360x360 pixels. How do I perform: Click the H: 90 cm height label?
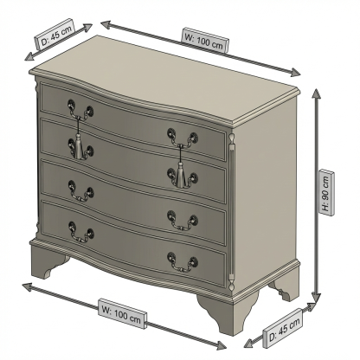click(x=326, y=193)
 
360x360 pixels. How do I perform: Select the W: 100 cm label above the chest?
click(x=205, y=40)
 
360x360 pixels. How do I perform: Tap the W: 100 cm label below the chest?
click(x=122, y=314)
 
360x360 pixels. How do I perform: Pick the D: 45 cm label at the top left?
click(x=55, y=35)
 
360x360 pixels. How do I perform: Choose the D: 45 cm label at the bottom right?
click(x=283, y=328)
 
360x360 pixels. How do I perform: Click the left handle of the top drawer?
click(x=80, y=110)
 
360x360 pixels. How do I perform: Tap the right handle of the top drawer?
click(x=183, y=138)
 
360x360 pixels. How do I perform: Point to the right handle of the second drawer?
click(x=183, y=177)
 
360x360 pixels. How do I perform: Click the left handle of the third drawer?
click(x=80, y=191)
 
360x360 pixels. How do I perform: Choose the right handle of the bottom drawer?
click(x=183, y=262)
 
